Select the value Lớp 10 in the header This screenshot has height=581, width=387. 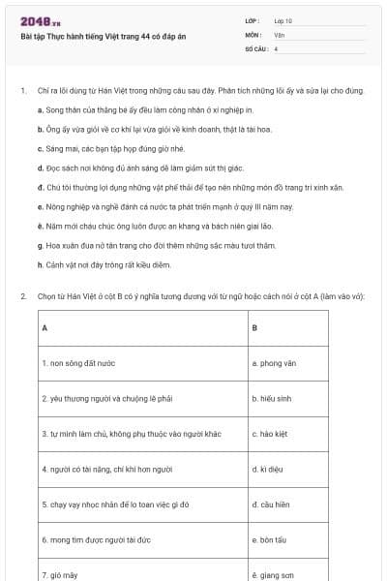click(x=283, y=20)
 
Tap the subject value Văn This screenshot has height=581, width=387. click(x=279, y=34)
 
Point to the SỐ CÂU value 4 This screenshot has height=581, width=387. click(x=277, y=47)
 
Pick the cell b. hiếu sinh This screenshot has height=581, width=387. click(x=272, y=398)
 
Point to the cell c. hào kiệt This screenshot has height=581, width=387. click(x=270, y=434)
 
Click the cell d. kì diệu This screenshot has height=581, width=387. click(x=268, y=469)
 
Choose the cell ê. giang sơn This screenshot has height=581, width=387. click(x=272, y=574)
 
